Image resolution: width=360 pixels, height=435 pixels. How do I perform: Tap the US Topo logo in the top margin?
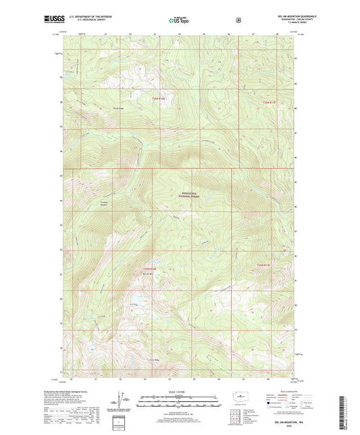(x=179, y=20)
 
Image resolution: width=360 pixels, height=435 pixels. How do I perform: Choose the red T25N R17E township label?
(x=263, y=264)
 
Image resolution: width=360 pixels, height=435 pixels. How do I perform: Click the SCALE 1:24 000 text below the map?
(x=179, y=392)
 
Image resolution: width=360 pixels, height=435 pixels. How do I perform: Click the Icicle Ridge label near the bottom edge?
(x=154, y=359)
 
